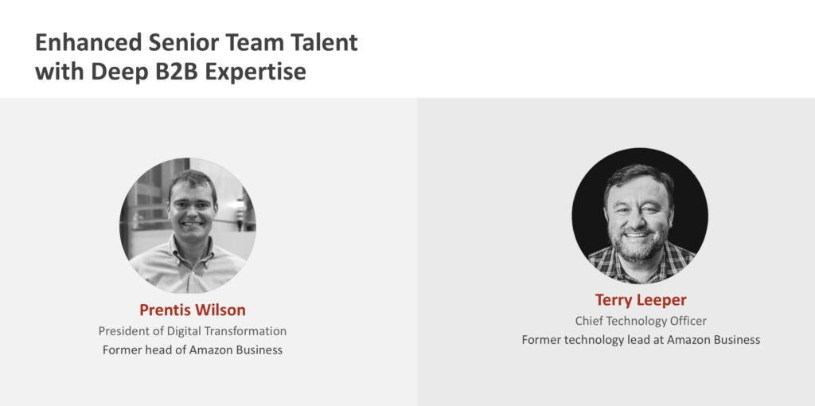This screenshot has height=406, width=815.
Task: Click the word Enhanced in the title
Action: [x=88, y=42]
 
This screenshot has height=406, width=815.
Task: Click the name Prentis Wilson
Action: [x=193, y=310]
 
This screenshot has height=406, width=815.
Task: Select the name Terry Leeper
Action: [x=641, y=300]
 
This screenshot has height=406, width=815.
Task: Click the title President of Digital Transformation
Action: [x=193, y=331]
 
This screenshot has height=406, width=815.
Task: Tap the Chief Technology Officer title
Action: [x=641, y=322]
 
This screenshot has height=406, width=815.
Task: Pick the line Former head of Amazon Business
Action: [x=193, y=349]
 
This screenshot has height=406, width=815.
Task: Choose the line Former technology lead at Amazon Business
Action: [x=641, y=340]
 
